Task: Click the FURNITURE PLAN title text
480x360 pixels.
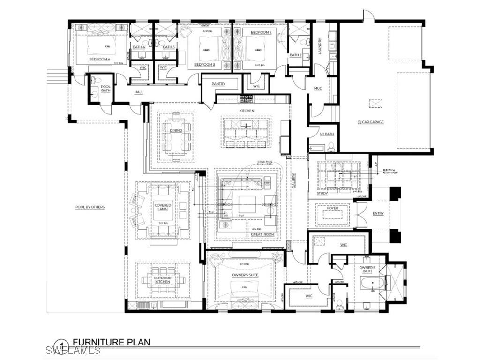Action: point(111,342)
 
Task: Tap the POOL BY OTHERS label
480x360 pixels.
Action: point(90,207)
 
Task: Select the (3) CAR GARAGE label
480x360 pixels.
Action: point(370,122)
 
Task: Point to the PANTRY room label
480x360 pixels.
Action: point(218,84)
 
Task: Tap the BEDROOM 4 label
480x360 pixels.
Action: point(99,60)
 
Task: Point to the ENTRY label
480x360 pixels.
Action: point(378,214)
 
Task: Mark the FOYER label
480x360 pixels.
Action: point(332,208)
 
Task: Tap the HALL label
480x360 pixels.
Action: point(139,92)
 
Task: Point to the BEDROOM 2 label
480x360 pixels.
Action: point(261,32)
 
